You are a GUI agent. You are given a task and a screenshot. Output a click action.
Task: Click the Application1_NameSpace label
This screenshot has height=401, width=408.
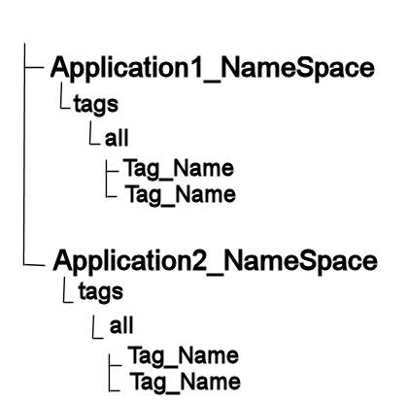pyautogui.click(x=213, y=69)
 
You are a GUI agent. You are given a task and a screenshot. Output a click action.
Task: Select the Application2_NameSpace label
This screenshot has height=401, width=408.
pyautogui.click(x=216, y=261)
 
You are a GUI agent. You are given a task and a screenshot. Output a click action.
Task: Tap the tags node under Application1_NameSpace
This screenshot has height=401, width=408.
pyautogui.click(x=96, y=105)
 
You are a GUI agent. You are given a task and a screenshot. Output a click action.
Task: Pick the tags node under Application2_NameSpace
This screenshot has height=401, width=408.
pyautogui.click(x=101, y=292)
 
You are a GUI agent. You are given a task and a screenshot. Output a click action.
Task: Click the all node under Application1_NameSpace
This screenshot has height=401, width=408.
pyautogui.click(x=117, y=138)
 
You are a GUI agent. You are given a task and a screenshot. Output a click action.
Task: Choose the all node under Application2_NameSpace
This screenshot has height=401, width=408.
pyautogui.click(x=121, y=325)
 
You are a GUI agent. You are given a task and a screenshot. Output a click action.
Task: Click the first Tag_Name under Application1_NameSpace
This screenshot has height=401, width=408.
pyautogui.click(x=179, y=169)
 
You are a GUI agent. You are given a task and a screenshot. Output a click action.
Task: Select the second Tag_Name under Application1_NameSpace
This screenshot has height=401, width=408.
pyautogui.click(x=181, y=195)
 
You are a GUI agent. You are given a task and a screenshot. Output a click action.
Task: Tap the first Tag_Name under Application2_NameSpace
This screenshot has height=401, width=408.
pyautogui.click(x=184, y=355)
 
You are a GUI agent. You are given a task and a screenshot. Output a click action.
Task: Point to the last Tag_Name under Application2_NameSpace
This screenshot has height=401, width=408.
pyautogui.click(x=186, y=382)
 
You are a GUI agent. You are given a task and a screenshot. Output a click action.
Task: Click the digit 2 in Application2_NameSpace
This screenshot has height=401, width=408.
pyautogui.click(x=197, y=260)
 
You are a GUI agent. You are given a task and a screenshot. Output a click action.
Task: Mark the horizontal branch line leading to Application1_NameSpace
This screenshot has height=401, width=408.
pyautogui.click(x=34, y=68)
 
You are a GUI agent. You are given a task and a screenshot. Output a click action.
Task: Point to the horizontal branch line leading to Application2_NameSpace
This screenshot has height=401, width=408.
pyautogui.click(x=34, y=265)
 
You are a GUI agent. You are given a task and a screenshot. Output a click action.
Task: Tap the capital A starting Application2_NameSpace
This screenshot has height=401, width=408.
pyautogui.click(x=63, y=260)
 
